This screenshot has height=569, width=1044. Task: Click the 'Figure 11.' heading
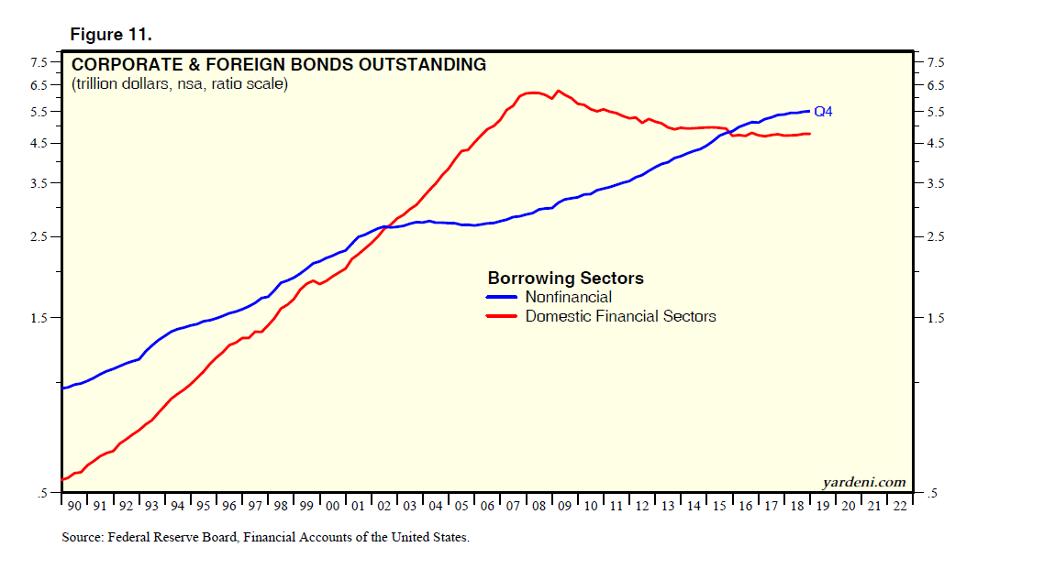tap(111, 35)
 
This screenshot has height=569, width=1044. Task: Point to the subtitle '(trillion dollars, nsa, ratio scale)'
tap(180, 84)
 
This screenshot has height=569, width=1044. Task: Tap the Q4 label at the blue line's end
tap(823, 112)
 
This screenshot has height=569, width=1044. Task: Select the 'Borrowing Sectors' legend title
tap(565, 279)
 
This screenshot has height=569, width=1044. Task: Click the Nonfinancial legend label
tap(568, 297)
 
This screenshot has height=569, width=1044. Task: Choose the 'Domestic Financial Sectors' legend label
tap(620, 316)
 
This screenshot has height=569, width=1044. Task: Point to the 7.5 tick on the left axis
tap(40, 62)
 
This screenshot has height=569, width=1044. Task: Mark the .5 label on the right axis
tap(932, 495)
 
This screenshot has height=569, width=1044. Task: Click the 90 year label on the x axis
tap(74, 506)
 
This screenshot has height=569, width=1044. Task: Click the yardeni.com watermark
tap(863, 483)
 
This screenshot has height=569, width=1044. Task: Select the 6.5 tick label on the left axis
tap(40, 86)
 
